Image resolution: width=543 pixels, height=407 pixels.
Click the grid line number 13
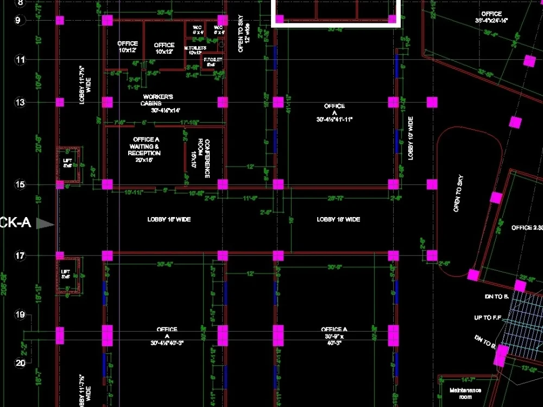pyautogui.click(x=20, y=102)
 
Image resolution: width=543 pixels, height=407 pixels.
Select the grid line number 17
pyautogui.click(x=20, y=256)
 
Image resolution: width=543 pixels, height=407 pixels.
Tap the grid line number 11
pyautogui.click(x=20, y=60)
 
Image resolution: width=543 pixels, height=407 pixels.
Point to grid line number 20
pyautogui.click(x=20, y=363)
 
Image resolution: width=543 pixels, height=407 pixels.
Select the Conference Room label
pyautogui.click(x=204, y=158)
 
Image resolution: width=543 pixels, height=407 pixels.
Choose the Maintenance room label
pyautogui.click(x=465, y=393)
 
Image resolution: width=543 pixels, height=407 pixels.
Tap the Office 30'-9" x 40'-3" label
pyautogui.click(x=334, y=336)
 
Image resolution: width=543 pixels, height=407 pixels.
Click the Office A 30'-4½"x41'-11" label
pyautogui.click(x=334, y=112)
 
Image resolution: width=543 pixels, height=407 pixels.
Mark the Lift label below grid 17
pyautogui.click(x=66, y=274)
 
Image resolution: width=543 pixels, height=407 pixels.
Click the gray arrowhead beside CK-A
pyautogui.click(x=46, y=224)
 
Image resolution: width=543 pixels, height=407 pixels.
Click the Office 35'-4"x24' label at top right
pyautogui.click(x=491, y=17)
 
